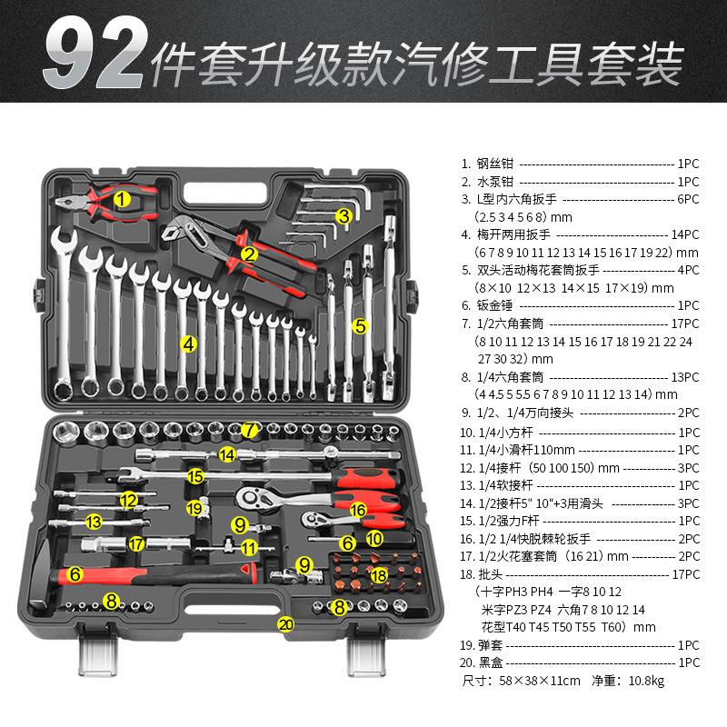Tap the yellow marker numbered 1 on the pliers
pos(123,197)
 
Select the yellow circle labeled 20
pos(286,623)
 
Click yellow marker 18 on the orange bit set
pos(380,574)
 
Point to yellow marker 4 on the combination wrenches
pos(189,344)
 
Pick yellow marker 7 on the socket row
pos(251,429)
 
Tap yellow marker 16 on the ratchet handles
pos(358,510)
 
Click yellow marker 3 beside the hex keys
pos(344,216)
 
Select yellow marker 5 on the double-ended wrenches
pos(360,324)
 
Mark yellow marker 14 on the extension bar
pos(226,453)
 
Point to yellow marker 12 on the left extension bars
pos(129,500)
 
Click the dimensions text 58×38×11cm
pos(535,680)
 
